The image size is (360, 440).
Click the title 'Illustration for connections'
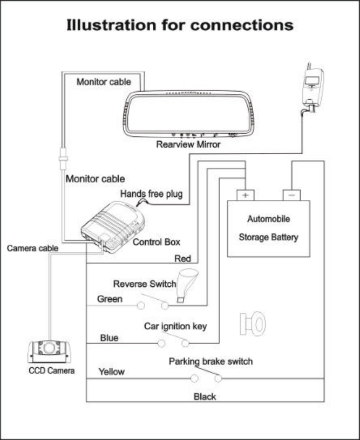click(180, 25)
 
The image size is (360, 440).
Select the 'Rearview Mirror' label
click(188, 145)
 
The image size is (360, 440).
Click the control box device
click(113, 226)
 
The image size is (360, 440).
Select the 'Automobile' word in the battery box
click(268, 219)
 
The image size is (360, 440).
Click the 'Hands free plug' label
click(151, 194)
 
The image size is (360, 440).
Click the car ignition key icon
click(253, 324)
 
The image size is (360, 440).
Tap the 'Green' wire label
click(110, 299)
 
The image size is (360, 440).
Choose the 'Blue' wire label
click(109, 338)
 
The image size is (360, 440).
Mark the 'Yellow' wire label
click(111, 372)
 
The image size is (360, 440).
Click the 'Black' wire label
click(205, 396)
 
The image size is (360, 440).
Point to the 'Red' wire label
click(182, 259)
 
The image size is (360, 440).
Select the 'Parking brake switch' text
click(210, 361)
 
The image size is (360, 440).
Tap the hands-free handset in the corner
click(313, 86)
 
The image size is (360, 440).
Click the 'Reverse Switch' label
click(144, 284)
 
